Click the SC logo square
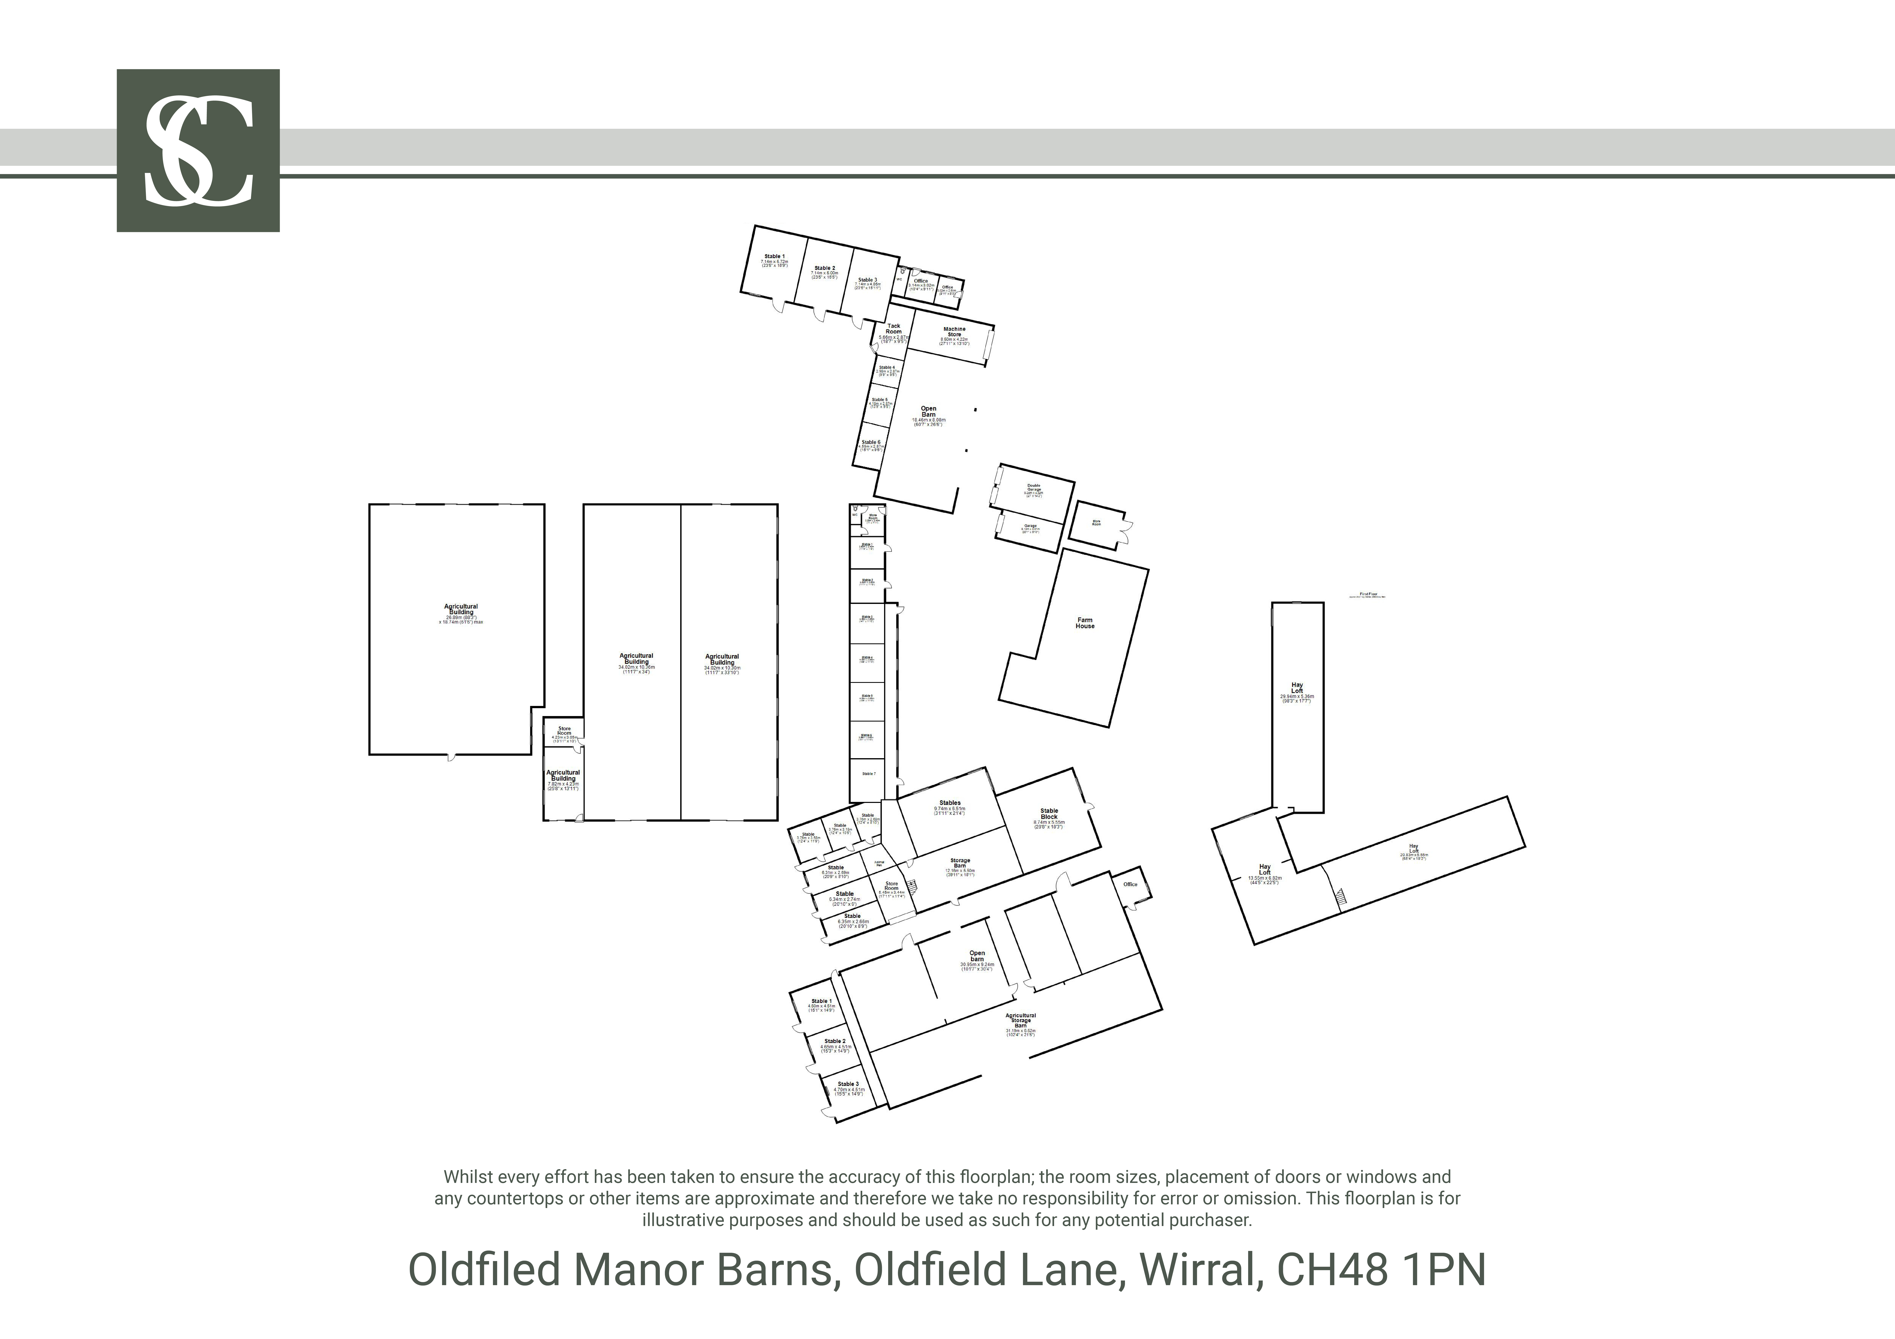click(x=198, y=150)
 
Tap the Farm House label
click(x=1084, y=623)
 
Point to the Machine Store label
click(x=954, y=332)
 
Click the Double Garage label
click(x=1033, y=487)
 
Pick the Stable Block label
click(x=1049, y=813)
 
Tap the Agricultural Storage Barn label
click(x=1021, y=1021)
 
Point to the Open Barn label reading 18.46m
click(x=928, y=412)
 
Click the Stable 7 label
click(x=868, y=774)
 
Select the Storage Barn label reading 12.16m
click(x=960, y=863)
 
